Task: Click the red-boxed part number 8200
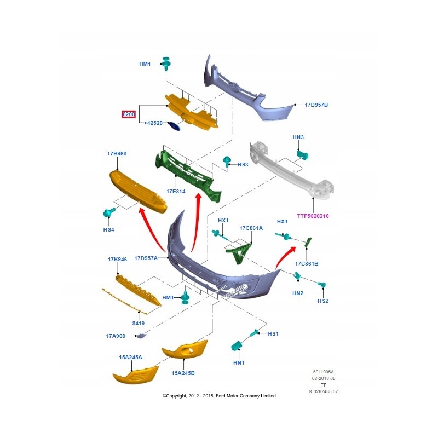[129, 114]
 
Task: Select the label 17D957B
[316, 105]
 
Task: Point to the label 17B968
[117, 154]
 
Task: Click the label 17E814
[176, 192]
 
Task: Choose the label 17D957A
[146, 258]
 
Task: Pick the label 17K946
[117, 259]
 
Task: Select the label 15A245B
[183, 373]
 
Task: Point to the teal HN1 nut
[238, 346]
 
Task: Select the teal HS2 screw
[322, 285]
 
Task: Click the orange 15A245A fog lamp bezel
[135, 376]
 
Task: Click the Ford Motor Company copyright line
[219, 396]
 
